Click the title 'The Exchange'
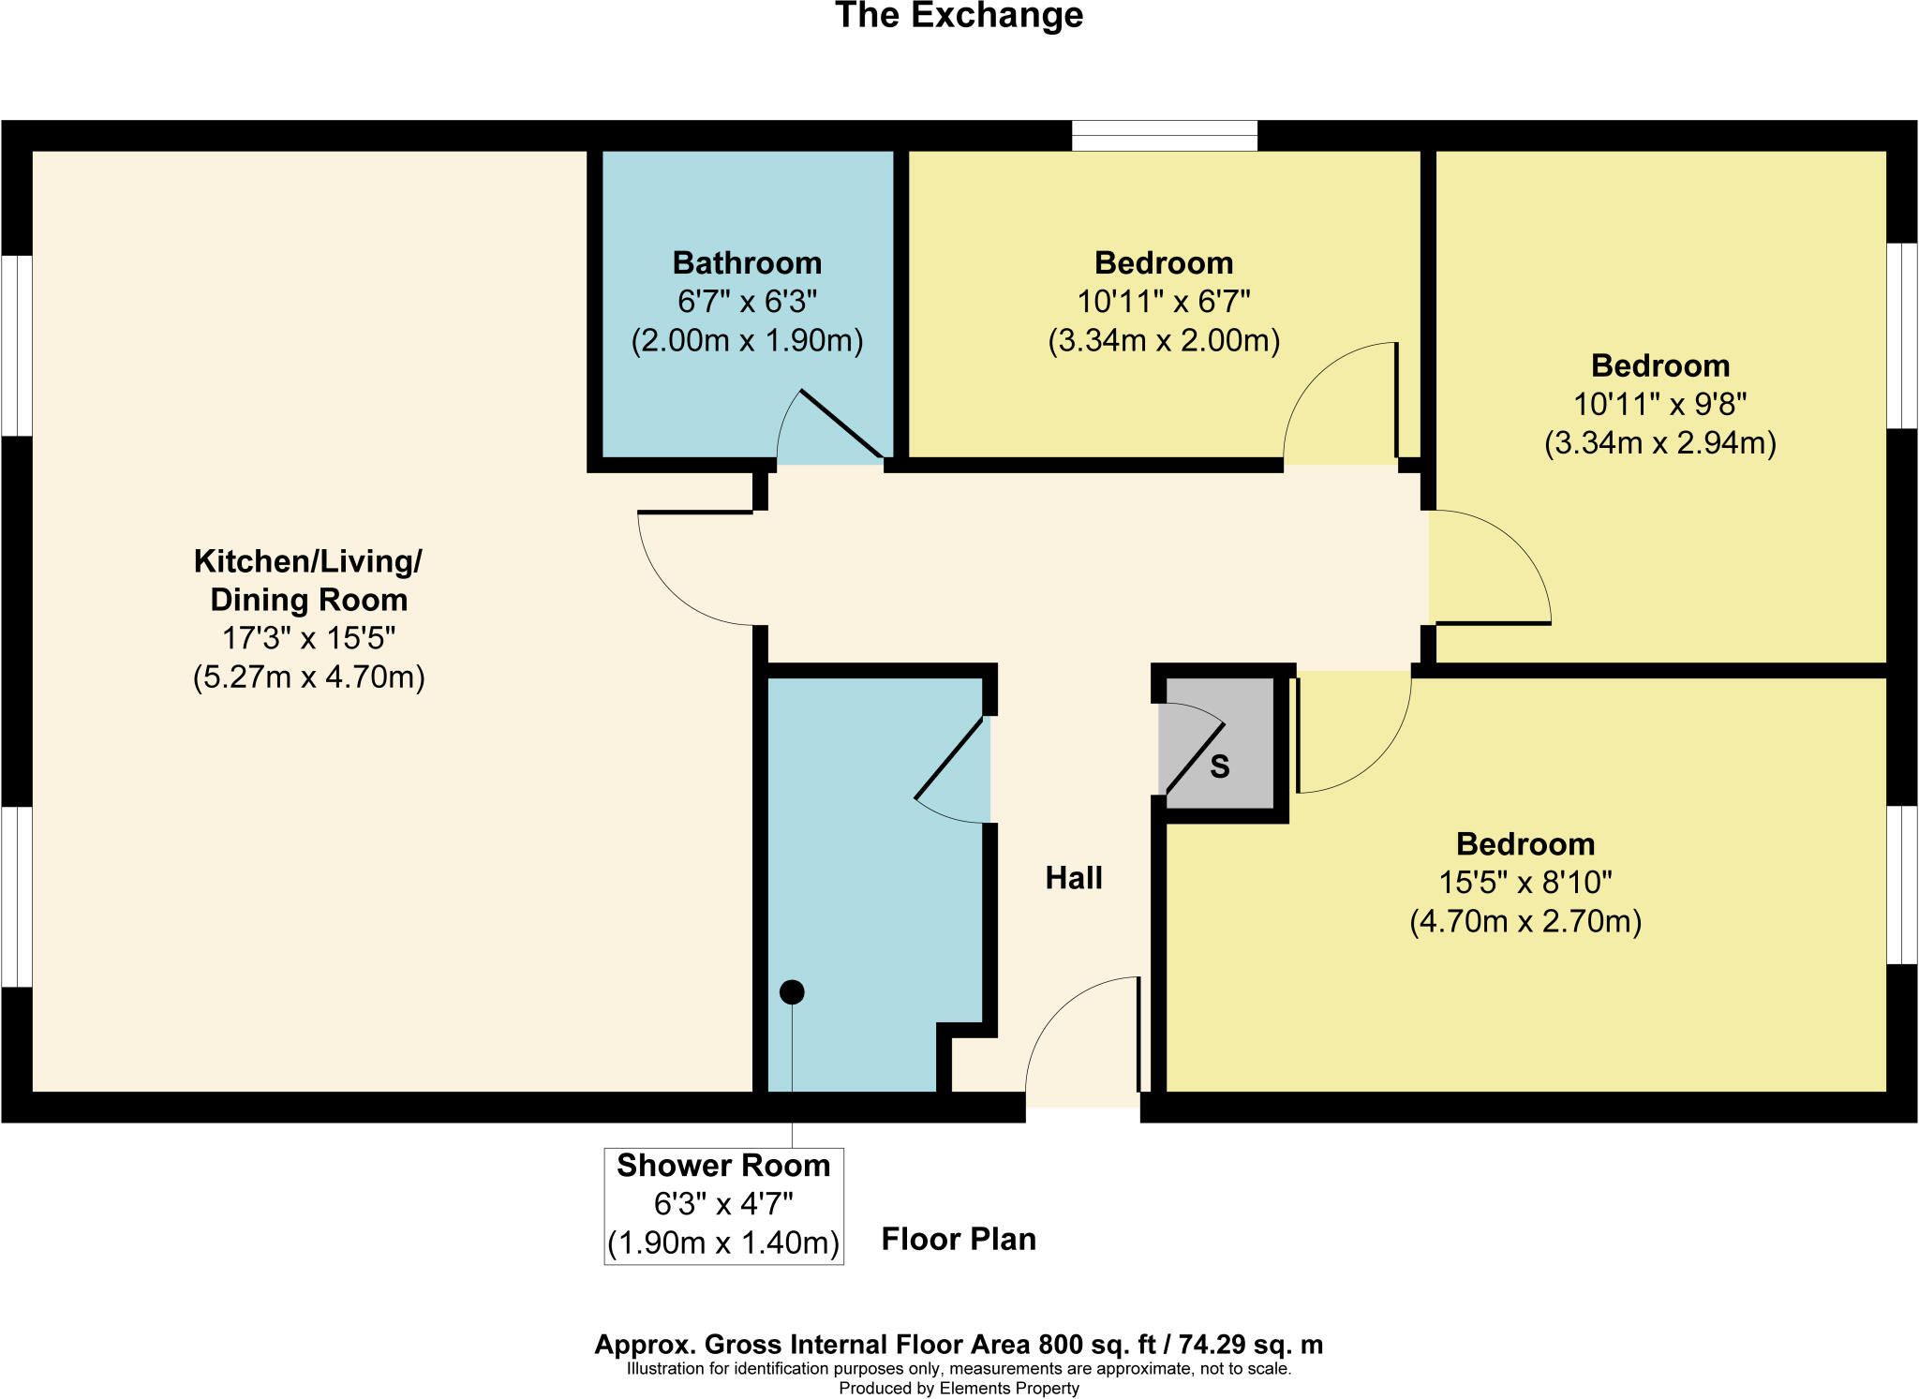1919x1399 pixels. pos(959,16)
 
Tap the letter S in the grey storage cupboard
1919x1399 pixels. pos(1219,766)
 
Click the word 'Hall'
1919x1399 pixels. pos(1074,878)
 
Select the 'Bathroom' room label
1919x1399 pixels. pos(747,263)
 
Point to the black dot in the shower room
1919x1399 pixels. pos(792,991)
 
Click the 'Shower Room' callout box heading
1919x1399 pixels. pos(723,1166)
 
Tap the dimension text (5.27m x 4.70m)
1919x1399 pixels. pos(308,677)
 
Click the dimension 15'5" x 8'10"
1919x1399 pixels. pos(1525,883)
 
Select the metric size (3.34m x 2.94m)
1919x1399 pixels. pos(1659,442)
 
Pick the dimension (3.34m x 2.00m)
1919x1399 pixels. pos(1163,340)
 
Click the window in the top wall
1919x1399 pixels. pos(1164,136)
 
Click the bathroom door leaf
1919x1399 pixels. pos(841,424)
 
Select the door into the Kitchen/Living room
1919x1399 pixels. pos(695,513)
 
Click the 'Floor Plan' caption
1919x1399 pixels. pos(959,1239)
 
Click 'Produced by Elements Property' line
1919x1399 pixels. pos(959,1388)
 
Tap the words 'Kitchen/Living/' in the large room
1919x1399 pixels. pos(307,561)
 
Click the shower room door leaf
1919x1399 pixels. pos(950,758)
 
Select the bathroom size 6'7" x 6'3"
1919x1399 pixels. pos(747,302)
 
